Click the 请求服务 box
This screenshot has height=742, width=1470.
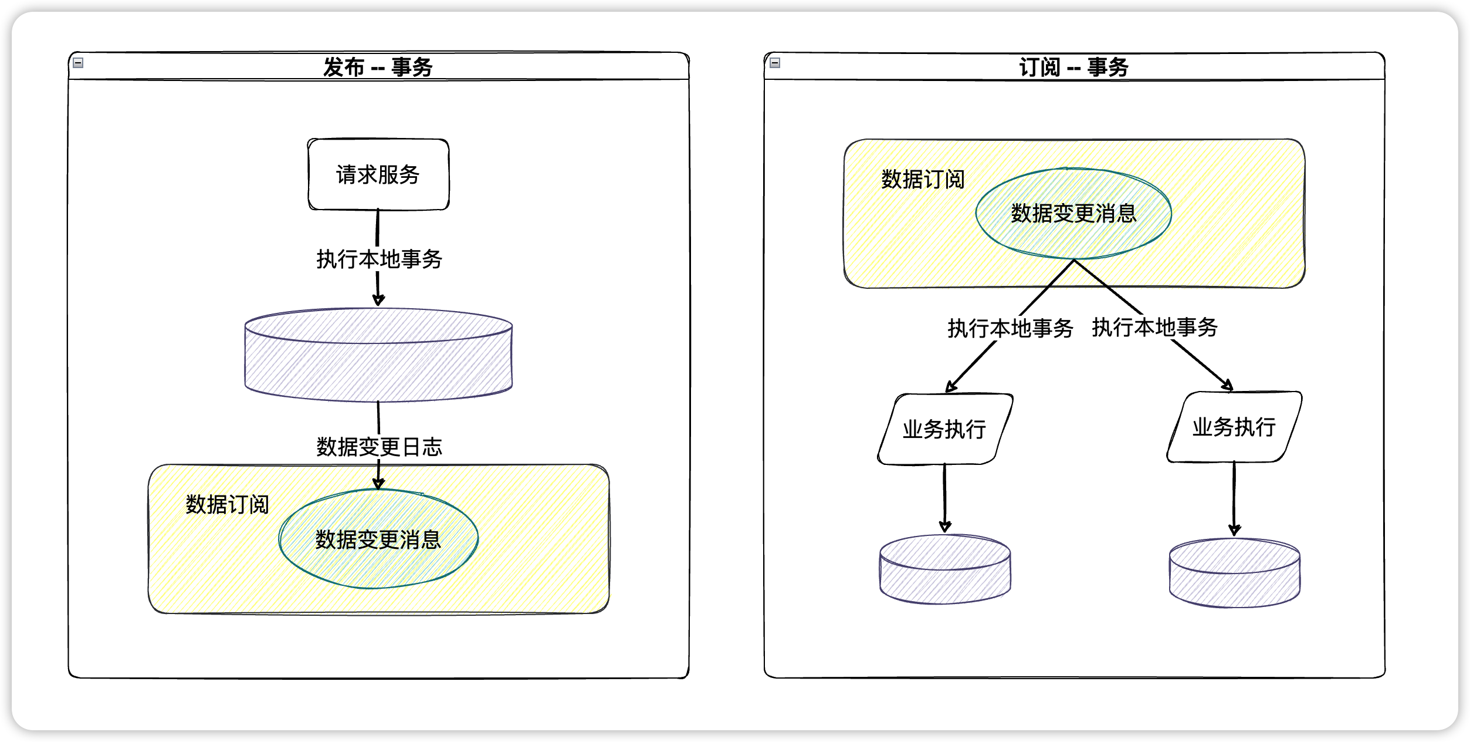(x=378, y=174)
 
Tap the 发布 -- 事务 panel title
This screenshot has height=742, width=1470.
(x=378, y=67)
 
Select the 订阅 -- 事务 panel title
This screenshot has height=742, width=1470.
(x=1073, y=67)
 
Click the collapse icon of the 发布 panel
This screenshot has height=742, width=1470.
(x=78, y=63)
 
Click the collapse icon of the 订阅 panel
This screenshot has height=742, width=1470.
(x=775, y=63)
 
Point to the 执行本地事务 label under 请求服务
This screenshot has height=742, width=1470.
(x=379, y=259)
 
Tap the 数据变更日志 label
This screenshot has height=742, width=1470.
(x=379, y=447)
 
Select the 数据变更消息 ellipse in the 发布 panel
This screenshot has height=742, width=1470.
(x=378, y=539)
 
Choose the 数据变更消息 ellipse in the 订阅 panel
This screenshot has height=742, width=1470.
(x=1073, y=213)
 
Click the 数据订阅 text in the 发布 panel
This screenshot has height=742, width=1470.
(x=227, y=504)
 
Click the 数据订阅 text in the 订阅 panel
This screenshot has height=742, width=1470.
(x=923, y=179)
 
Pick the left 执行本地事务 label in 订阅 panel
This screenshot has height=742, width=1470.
(x=1010, y=328)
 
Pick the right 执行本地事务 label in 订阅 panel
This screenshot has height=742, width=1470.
(x=1154, y=327)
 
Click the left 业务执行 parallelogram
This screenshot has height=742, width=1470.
(x=944, y=429)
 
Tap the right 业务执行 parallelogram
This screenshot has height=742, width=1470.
(x=1234, y=427)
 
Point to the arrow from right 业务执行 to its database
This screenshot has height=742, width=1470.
(x=1234, y=498)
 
